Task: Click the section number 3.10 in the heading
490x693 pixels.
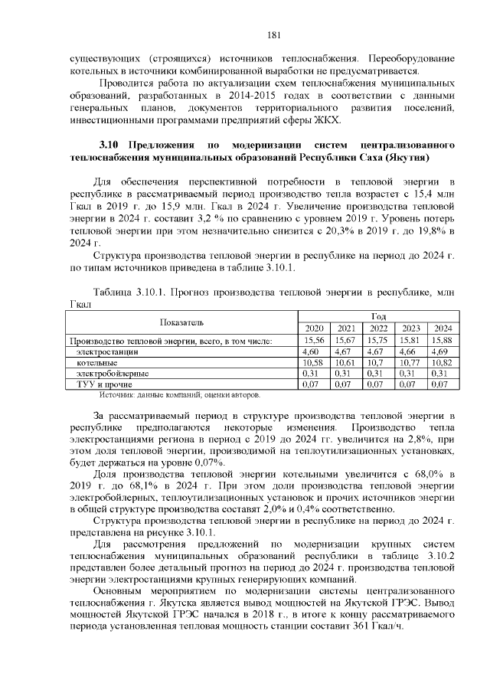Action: (x=111, y=145)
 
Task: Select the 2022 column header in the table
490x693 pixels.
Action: (x=377, y=328)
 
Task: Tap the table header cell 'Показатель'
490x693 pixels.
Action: (x=182, y=322)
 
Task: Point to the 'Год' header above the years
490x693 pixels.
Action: (x=377, y=315)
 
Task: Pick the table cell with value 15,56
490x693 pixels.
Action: (x=315, y=339)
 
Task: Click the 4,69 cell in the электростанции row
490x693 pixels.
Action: (x=440, y=351)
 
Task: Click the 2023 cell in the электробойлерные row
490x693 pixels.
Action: (x=410, y=373)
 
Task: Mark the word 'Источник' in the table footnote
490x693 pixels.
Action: (x=117, y=395)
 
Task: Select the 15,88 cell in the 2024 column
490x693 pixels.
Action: (x=440, y=339)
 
